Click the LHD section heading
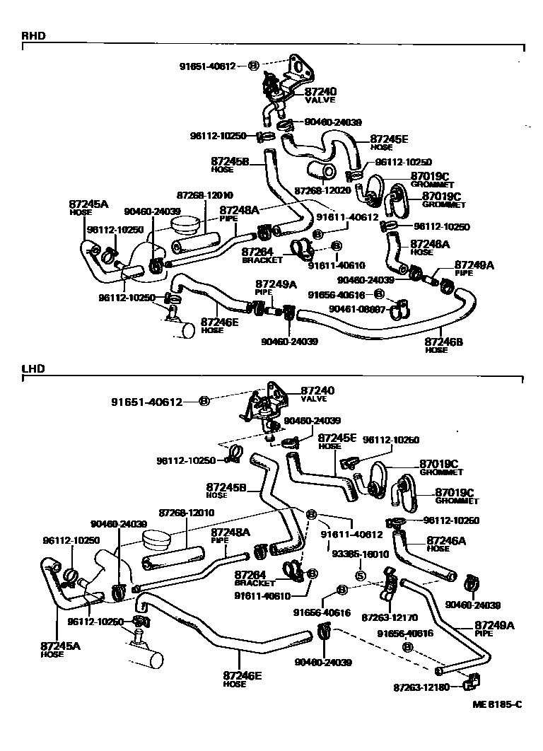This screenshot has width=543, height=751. click(x=33, y=369)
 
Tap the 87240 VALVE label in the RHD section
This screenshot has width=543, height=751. click(x=322, y=95)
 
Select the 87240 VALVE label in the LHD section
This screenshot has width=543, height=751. click(x=317, y=393)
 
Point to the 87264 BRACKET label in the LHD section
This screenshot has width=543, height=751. click(x=255, y=578)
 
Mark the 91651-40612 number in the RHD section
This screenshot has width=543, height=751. click(x=206, y=66)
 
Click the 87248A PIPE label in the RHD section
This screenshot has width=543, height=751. click(x=239, y=213)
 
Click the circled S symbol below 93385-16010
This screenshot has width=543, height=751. click(x=361, y=576)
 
